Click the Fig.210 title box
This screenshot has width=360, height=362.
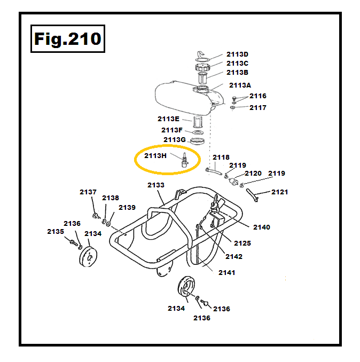tap(67, 39)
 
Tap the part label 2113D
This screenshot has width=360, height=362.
tap(237, 54)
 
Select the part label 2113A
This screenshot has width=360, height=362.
tap(240, 85)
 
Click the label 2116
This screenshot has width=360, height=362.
tap(257, 96)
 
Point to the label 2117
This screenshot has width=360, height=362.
tap(257, 107)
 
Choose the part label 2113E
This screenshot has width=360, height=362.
tap(168, 119)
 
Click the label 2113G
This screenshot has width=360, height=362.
tap(175, 140)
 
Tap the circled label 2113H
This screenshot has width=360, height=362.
tap(155, 156)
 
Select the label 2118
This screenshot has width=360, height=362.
tap(221, 158)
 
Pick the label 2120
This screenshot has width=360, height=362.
tap(253, 173)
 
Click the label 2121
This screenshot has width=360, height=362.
tap(279, 192)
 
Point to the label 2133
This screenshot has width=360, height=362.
tap(156, 185)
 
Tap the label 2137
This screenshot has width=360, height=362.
tap(88, 192)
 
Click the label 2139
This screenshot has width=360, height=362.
tap(127, 207)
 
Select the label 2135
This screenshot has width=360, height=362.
tap(56, 231)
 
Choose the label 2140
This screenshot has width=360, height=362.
tap(262, 227)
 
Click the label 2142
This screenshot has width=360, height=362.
tap(234, 256)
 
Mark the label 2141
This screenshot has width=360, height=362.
tap(226, 272)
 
